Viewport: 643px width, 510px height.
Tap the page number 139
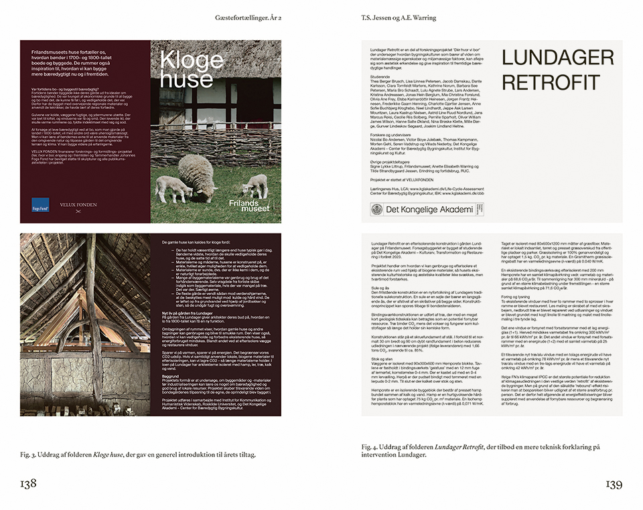(615, 484)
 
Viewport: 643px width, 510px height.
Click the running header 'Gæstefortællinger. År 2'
(248, 17)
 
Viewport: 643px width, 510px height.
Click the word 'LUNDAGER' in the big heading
(557, 58)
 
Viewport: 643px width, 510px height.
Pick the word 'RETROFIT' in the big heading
(542, 83)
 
